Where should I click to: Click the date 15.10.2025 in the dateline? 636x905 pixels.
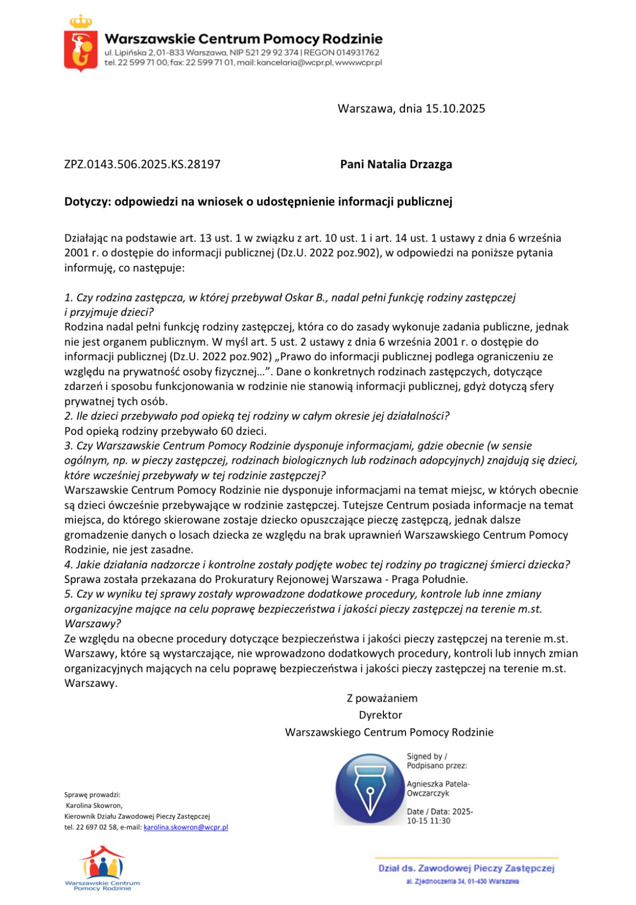tap(455, 109)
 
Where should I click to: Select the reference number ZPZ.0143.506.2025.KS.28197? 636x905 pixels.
tap(142, 164)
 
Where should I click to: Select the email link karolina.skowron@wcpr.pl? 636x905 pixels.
tap(186, 828)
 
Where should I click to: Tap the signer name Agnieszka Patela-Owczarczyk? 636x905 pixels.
tap(438, 789)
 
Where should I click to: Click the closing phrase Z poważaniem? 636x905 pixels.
tap(382, 698)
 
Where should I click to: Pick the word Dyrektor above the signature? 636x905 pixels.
tap(380, 715)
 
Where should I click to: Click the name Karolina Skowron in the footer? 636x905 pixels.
tap(94, 805)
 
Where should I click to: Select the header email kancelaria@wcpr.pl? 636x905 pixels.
tap(291, 63)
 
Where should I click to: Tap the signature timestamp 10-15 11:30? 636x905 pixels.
tap(428, 821)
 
